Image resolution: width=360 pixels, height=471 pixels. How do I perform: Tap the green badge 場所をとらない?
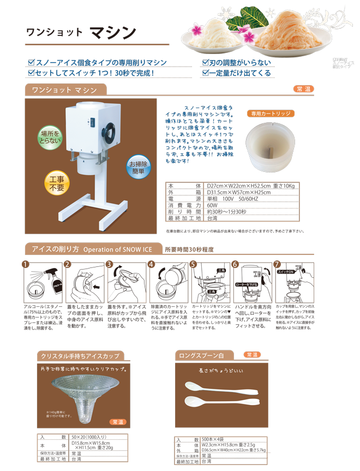point(50,136)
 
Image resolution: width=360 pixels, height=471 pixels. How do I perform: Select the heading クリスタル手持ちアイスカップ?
point(80,356)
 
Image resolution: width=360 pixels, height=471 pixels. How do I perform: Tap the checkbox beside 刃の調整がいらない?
point(206,63)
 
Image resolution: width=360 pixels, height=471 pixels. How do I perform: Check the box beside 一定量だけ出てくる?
point(206,73)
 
